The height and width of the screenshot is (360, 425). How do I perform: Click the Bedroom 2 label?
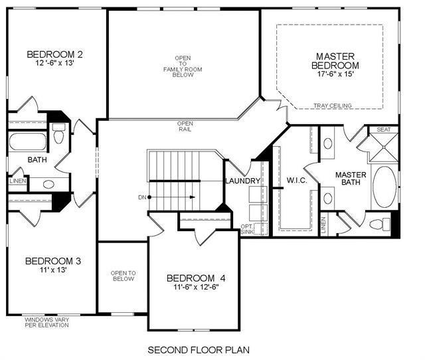click(x=54, y=54)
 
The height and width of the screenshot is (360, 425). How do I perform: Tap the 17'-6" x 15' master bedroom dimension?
click(x=335, y=74)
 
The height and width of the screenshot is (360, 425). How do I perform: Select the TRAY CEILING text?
click(x=333, y=106)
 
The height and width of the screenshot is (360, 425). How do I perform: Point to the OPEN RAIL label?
click(x=185, y=126)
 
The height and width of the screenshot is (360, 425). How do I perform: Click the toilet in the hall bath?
click(x=59, y=134)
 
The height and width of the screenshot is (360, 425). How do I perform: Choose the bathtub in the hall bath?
click(x=28, y=141)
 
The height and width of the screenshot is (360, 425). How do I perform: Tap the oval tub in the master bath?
click(x=384, y=187)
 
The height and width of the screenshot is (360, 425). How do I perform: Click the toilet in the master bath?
click(x=380, y=225)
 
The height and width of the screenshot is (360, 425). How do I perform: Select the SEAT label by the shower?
click(x=384, y=130)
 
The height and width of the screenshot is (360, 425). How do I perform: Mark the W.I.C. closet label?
click(x=297, y=180)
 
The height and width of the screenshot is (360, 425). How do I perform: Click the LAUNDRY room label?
click(x=243, y=181)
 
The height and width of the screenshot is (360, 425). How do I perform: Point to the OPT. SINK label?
click(x=246, y=229)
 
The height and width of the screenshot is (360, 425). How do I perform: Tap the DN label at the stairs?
click(x=142, y=197)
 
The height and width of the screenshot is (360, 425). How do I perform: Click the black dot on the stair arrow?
click(x=149, y=197)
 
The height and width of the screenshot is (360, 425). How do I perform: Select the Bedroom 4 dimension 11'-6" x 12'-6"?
click(x=196, y=287)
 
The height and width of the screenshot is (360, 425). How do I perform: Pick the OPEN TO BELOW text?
click(x=124, y=276)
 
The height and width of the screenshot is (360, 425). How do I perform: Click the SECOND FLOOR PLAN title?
click(x=199, y=350)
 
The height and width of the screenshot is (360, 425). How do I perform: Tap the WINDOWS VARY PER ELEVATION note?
click(x=47, y=322)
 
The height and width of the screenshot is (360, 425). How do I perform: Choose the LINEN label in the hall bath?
click(x=18, y=181)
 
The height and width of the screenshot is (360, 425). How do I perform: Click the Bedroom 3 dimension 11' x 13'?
click(x=53, y=270)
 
